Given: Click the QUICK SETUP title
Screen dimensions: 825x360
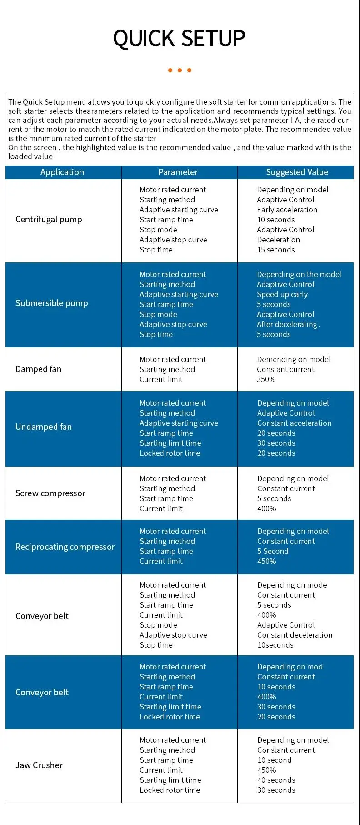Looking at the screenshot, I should click(x=179, y=38).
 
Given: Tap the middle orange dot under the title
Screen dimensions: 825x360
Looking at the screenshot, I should click(x=180, y=70).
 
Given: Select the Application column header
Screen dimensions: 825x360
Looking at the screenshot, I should click(x=62, y=172).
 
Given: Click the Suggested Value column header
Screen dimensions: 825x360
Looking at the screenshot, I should click(x=297, y=172).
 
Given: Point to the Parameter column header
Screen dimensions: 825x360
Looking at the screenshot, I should click(x=178, y=172).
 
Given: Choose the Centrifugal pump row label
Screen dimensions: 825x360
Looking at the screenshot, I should click(x=49, y=219).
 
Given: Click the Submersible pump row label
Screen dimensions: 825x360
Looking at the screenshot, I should click(x=51, y=303).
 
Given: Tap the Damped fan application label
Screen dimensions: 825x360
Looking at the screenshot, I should click(x=38, y=369).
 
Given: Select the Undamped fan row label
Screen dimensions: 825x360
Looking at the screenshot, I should click(x=44, y=427).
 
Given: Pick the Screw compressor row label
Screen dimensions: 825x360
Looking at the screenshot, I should click(x=50, y=493).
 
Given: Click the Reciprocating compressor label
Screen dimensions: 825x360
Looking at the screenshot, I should click(x=65, y=547).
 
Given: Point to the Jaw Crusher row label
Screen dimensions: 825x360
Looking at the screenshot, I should click(x=39, y=765).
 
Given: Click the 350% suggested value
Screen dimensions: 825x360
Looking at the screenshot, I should click(x=266, y=379).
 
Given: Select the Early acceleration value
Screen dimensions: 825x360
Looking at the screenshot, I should click(x=287, y=210).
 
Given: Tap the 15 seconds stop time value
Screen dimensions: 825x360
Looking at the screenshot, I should click(x=275, y=250).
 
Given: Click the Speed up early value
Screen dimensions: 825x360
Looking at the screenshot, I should click(x=282, y=294).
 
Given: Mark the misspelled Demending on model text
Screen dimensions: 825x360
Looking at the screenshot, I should click(x=294, y=359).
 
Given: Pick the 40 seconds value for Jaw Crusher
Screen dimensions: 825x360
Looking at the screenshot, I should click(x=276, y=780).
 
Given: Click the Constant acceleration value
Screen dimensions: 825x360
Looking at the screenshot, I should click(x=294, y=423).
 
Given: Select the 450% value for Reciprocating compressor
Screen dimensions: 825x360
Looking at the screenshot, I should click(x=266, y=561).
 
